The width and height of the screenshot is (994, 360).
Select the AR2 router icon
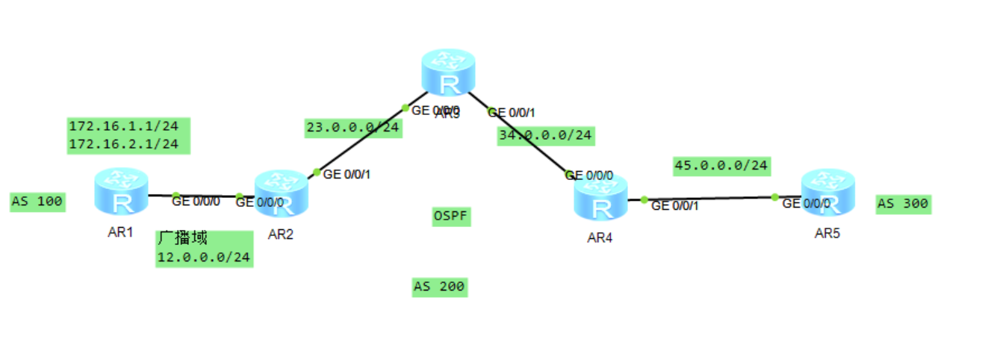[x=281, y=193]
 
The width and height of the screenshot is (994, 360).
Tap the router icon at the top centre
[x=448, y=72]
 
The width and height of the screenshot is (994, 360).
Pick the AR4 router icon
[x=600, y=197]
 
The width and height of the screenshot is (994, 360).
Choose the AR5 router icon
[x=827, y=193]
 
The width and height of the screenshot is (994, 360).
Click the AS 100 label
[x=37, y=201]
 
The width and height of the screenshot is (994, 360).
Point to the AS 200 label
[x=439, y=286]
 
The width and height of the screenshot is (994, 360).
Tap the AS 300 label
[x=904, y=204]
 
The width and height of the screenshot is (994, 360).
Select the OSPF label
[x=452, y=217]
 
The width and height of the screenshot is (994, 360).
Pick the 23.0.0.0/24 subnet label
[x=352, y=128]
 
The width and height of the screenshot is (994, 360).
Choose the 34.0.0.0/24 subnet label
[x=545, y=135]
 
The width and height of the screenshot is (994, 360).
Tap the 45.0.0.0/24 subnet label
[x=721, y=165]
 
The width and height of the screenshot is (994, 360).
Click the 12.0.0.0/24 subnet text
[x=203, y=257]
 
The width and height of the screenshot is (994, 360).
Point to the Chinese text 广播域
[x=182, y=239]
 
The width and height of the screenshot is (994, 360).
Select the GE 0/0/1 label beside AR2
[x=347, y=175]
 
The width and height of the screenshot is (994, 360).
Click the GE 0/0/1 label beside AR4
[x=675, y=205]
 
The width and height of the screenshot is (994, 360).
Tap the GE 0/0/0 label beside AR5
[x=806, y=203]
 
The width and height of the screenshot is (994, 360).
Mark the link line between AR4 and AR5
[x=709, y=199]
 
